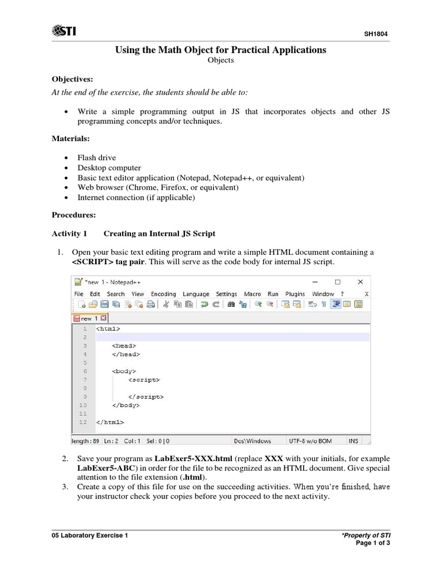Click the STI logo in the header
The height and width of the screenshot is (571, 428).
pos(64,30)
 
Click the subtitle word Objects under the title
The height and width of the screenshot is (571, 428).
pos(220,61)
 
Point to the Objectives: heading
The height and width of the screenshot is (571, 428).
pos(72,79)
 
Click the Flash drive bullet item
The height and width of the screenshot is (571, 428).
pos(97,158)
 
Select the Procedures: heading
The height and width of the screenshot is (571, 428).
pos(74,214)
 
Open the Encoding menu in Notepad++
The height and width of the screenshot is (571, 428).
pos(163,294)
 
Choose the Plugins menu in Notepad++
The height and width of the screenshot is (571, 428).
pos(295,294)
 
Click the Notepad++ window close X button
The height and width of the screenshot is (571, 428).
pos(360,282)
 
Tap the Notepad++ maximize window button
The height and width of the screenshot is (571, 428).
pos(338,282)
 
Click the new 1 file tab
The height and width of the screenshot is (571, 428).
pos(89,318)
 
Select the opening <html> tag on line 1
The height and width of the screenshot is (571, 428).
pos(108,329)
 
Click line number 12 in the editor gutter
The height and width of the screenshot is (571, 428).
pos(83,422)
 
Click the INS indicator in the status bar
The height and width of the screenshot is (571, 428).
pos(353,441)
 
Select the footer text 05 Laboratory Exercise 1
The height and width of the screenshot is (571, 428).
pos(89,536)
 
